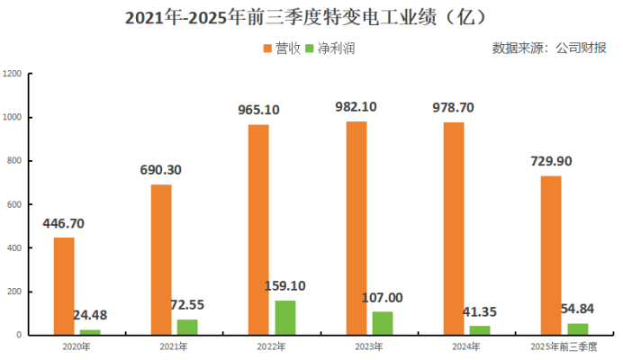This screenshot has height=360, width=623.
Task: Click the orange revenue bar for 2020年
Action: [x=64, y=286]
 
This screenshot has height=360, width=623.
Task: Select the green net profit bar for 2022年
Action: [x=284, y=318]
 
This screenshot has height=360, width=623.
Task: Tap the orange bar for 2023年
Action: [x=357, y=229]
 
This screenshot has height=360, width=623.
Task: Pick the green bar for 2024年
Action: [x=480, y=330]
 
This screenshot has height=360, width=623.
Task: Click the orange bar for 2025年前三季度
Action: [x=551, y=256]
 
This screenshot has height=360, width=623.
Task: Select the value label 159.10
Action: [x=285, y=286]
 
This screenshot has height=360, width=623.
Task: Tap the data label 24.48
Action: [x=91, y=315]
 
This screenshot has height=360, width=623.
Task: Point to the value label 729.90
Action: [x=550, y=161]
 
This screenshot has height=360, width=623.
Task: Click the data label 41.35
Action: [x=480, y=311]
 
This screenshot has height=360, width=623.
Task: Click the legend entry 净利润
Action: [x=330, y=48]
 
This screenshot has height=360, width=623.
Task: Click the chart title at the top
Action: [x=311, y=18]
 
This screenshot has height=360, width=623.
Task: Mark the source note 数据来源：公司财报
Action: [x=549, y=48]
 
